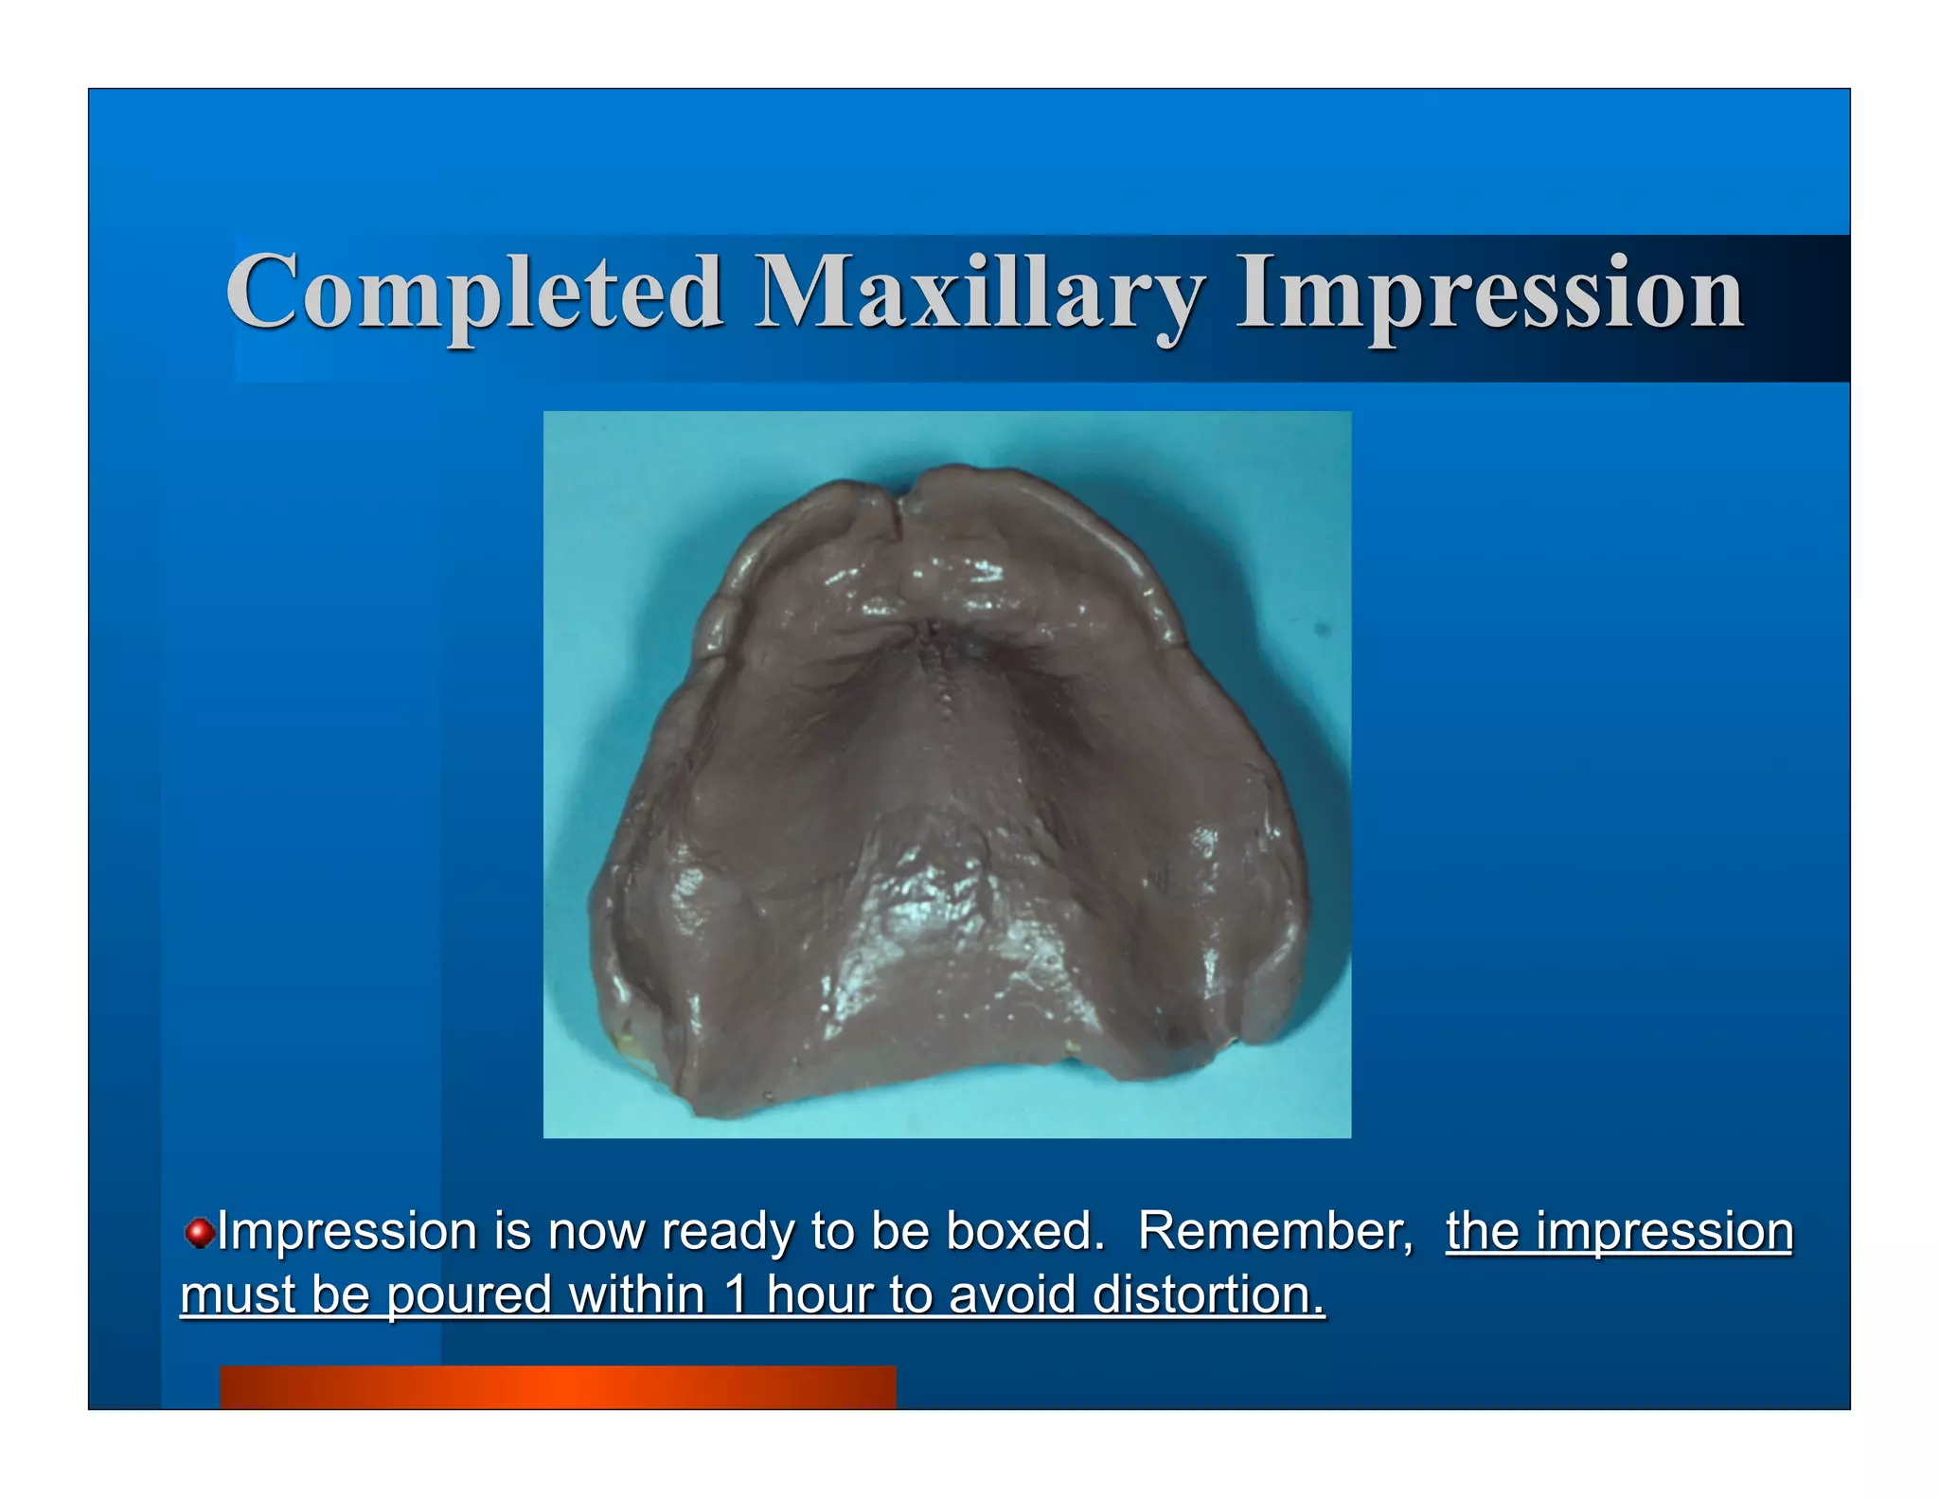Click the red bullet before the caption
(198, 1233)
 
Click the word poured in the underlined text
(468, 1294)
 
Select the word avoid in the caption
(1012, 1294)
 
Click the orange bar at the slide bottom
(558, 1386)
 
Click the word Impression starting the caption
(347, 1231)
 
